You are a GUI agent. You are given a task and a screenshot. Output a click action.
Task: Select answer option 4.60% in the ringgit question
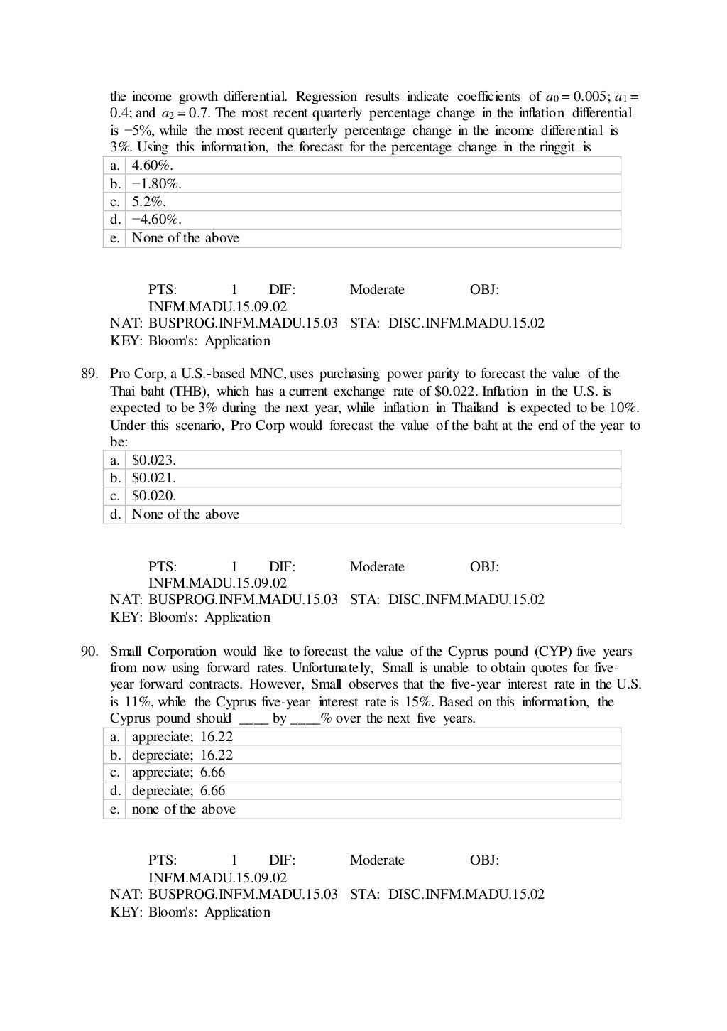pos(153,166)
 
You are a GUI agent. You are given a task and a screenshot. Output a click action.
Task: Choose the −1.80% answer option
pos(156,184)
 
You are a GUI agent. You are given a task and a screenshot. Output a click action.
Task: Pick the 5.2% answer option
pos(149,202)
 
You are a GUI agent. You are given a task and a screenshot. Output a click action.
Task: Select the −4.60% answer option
pos(156,220)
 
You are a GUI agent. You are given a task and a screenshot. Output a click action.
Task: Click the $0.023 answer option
pos(154,460)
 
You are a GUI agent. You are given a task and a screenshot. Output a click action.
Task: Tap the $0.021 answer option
pos(154,478)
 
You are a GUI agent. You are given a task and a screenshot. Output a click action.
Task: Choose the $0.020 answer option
pos(154,496)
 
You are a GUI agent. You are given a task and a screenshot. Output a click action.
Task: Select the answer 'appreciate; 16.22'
pos(182,737)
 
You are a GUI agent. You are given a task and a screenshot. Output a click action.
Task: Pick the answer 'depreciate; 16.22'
pos(182,755)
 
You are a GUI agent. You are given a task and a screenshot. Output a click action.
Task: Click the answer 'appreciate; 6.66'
pos(179,772)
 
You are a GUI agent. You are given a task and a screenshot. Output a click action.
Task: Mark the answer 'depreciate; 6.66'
pos(179,791)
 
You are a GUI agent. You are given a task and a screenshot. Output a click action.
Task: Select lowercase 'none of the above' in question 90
pos(184,809)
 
